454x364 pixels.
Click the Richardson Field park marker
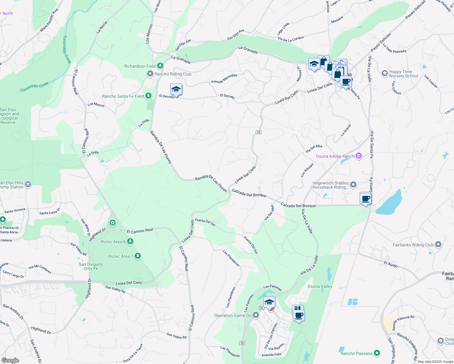click(x=160, y=66)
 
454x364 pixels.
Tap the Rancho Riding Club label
click(x=173, y=74)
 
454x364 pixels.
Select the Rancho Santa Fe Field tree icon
click(x=148, y=96)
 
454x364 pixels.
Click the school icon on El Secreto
click(x=176, y=89)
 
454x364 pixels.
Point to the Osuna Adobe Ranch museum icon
click(x=359, y=156)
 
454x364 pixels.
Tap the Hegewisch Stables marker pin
click(x=353, y=184)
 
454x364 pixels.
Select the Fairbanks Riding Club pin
click(x=438, y=244)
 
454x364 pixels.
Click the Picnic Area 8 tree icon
click(x=130, y=241)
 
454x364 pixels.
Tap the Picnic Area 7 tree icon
click(x=138, y=256)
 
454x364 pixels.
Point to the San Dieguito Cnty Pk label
click(x=91, y=266)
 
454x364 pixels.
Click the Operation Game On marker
click(x=256, y=315)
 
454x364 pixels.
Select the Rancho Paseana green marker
click(x=377, y=353)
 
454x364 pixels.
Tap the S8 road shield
click(x=258, y=132)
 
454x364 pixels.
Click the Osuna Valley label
click(x=320, y=286)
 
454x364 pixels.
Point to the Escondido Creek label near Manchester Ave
click(x=67, y=49)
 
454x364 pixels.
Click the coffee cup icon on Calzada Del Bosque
click(x=366, y=198)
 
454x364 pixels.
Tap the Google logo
click(x=10, y=360)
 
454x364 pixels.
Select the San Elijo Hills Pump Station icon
click(x=28, y=184)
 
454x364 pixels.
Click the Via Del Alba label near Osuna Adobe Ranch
click(x=314, y=148)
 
